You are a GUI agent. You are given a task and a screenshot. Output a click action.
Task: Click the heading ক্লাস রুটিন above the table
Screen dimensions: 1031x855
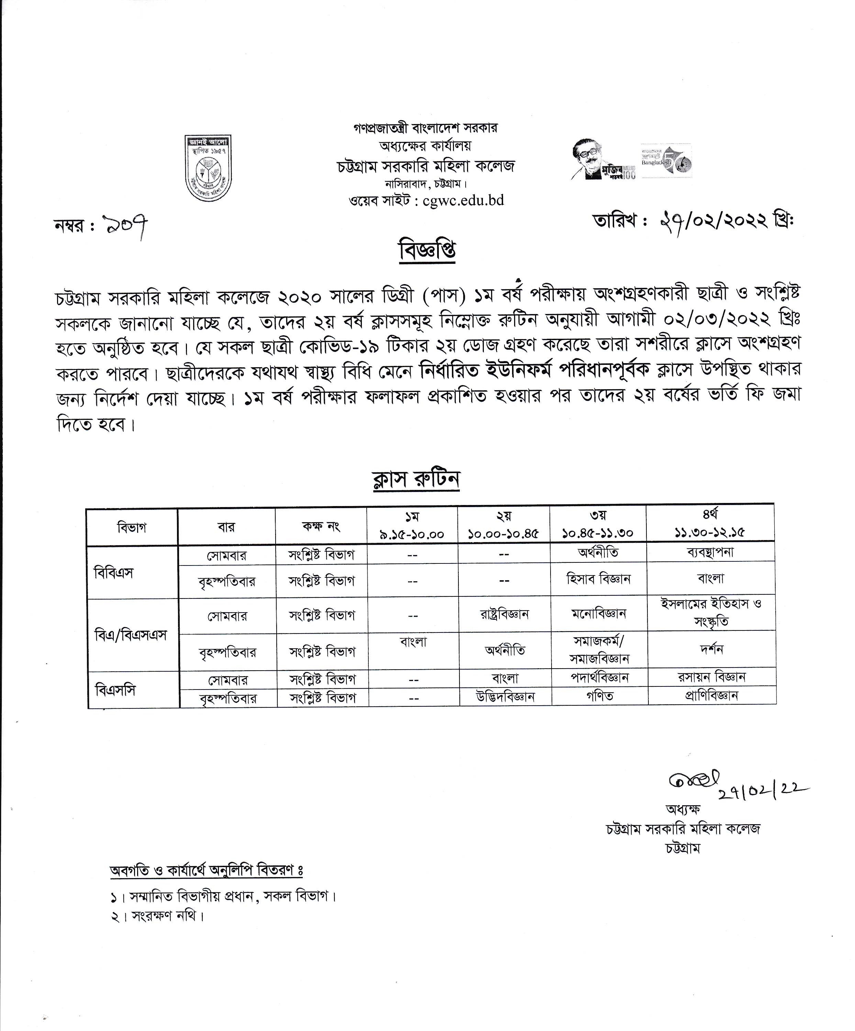pos(415,480)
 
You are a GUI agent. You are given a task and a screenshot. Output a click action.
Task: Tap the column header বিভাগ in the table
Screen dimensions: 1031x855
pos(132,528)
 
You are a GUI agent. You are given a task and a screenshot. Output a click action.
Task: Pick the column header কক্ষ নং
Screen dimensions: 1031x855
pos(321,526)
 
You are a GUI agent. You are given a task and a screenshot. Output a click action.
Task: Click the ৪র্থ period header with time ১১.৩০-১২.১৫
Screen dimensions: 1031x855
pos(710,524)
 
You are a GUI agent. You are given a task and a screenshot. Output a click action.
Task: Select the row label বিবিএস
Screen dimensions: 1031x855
pos(114,572)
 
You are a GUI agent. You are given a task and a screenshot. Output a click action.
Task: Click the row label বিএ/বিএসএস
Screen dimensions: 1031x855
pos(131,635)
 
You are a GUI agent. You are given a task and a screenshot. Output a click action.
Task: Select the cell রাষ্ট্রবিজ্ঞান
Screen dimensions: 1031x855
pos(504,614)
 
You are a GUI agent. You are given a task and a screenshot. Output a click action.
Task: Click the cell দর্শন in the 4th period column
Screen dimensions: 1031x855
pos(711,649)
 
